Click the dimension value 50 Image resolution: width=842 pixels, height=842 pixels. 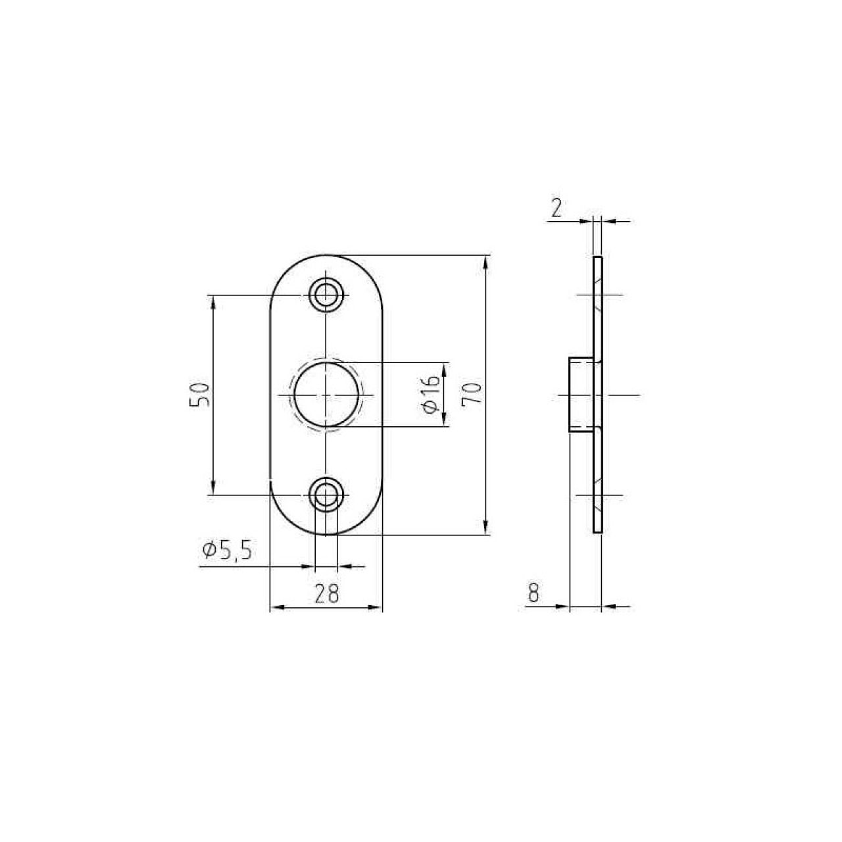[199, 395]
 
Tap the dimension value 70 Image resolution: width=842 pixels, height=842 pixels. [471, 393]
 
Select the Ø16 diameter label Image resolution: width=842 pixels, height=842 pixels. [431, 394]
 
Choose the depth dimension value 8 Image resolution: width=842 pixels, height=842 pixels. [533, 593]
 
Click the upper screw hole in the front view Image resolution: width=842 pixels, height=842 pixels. [326, 295]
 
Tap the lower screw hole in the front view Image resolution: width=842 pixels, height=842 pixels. [326, 495]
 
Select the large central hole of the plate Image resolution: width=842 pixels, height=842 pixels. [326, 395]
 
